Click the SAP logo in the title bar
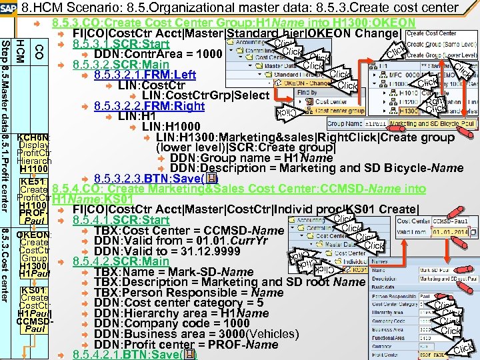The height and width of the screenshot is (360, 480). [9, 8]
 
